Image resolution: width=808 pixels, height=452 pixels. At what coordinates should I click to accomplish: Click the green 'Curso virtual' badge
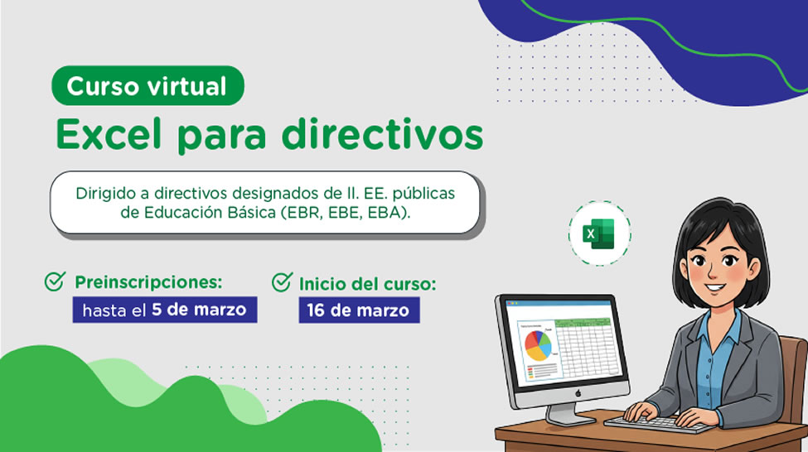(x=148, y=85)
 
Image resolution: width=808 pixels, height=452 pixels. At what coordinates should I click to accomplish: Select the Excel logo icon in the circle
(x=599, y=233)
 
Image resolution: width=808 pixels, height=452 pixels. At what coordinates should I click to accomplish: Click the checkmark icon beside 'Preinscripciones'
(x=55, y=281)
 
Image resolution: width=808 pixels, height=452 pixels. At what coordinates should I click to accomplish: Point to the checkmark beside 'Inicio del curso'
(x=282, y=282)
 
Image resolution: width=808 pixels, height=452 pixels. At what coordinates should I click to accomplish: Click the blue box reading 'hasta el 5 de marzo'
(x=165, y=310)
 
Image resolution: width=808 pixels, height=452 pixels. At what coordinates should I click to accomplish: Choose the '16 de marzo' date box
(x=359, y=310)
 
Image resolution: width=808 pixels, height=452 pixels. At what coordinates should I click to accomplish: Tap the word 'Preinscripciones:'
(x=148, y=282)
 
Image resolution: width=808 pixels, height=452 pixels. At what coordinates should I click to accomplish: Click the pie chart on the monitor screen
(x=538, y=344)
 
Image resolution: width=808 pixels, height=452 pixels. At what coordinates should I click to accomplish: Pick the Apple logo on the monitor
(x=578, y=393)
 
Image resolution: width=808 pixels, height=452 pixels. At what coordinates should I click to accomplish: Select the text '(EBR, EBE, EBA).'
(x=346, y=213)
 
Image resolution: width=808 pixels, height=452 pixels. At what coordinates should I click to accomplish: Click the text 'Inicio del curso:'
(x=367, y=284)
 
